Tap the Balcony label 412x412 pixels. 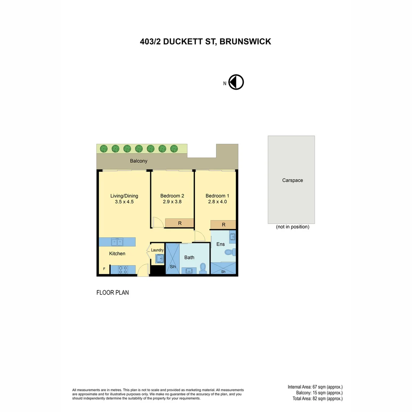click(138, 161)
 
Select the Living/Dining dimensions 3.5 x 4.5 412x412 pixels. click(124, 202)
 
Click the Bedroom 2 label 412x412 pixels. click(172, 196)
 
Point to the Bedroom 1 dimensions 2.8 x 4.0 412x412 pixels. click(217, 202)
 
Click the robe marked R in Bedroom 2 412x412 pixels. click(180, 223)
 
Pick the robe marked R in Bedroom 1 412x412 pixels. click(223, 225)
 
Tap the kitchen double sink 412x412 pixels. click(117, 242)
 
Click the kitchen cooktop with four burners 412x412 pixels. click(123, 269)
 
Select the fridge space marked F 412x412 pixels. click(104, 269)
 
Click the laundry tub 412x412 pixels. click(159, 259)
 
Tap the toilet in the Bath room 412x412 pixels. click(203, 268)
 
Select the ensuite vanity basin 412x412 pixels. click(232, 237)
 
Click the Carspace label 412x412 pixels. click(293, 180)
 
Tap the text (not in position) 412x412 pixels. click(293, 227)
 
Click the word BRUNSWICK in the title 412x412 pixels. click(245, 42)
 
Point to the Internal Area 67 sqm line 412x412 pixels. click(315, 387)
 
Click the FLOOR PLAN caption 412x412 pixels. click(113, 293)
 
